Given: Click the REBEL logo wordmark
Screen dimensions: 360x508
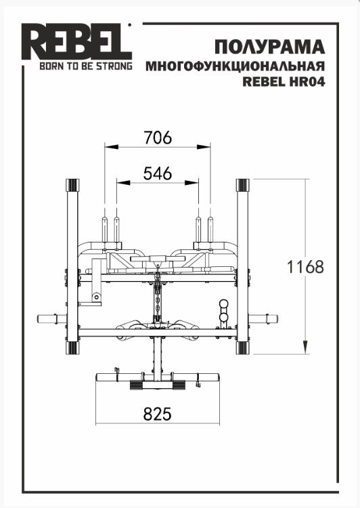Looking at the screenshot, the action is (76, 41).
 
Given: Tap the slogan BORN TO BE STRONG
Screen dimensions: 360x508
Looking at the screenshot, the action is (86, 66).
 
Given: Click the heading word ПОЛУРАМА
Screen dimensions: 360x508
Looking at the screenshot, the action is (269, 47).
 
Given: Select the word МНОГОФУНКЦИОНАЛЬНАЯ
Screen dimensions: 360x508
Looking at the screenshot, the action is (235, 66).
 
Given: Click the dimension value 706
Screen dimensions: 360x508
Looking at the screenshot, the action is (158, 137).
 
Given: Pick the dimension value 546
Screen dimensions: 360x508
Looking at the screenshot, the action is (158, 173).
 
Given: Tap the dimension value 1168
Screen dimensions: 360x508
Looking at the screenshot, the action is (305, 267).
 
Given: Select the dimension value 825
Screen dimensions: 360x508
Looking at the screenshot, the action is (158, 414).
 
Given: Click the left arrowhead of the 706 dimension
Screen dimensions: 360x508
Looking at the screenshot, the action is (111, 147).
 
